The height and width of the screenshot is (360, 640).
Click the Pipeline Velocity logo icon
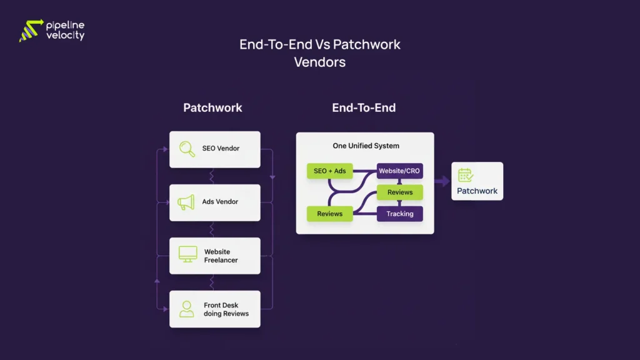[x=31, y=31]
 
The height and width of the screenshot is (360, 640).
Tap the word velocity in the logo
[x=65, y=36]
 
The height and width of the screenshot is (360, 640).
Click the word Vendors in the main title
[x=319, y=62]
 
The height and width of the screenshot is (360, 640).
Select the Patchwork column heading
[x=212, y=107]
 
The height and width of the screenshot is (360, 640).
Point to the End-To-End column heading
[x=364, y=107]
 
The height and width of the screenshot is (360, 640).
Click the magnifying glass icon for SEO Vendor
[x=187, y=149]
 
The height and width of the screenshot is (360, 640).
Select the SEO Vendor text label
[x=221, y=149]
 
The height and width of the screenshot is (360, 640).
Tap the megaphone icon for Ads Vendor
[x=186, y=202]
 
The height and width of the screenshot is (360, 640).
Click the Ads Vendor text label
[x=220, y=202]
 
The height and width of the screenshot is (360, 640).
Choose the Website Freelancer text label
[x=221, y=256]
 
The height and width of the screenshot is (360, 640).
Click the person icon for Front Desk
[x=187, y=309]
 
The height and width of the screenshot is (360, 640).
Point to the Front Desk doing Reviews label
[x=226, y=309]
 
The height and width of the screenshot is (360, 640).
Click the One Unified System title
[x=366, y=146]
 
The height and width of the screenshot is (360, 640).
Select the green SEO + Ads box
[x=330, y=171]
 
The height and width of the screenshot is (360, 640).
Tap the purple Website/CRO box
[x=399, y=171]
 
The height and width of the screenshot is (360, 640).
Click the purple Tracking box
[x=399, y=214]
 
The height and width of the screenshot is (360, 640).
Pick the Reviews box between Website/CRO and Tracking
[x=399, y=192]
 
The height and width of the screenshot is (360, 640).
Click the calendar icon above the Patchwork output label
[x=466, y=176]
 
